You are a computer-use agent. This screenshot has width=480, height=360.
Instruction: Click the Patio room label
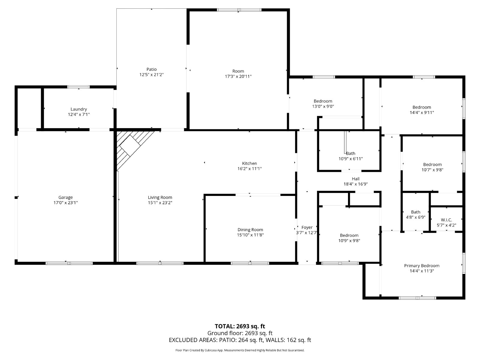click(x=151, y=69)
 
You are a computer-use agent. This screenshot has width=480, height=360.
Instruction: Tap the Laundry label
click(x=79, y=109)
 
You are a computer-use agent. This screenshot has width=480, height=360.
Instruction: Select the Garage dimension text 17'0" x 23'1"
click(x=66, y=202)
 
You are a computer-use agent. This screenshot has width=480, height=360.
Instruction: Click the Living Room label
click(x=160, y=197)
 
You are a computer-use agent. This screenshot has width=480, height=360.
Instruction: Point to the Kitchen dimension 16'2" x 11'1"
click(x=250, y=169)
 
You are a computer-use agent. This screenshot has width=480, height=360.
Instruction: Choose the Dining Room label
click(x=250, y=229)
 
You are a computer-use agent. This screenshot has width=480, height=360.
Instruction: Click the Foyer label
click(x=307, y=227)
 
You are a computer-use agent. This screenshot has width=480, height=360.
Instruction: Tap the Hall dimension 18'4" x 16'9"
click(x=355, y=184)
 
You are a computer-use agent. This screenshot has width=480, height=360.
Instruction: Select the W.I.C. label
click(x=446, y=220)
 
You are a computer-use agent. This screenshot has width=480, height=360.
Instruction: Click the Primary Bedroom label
click(x=422, y=265)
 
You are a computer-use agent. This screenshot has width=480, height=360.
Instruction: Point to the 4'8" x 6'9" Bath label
click(x=416, y=212)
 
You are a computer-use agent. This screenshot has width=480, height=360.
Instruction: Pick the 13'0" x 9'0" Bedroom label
click(x=323, y=101)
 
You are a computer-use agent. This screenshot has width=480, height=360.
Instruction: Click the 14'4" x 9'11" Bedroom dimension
click(x=422, y=112)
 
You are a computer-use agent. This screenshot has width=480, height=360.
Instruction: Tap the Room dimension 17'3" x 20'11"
click(x=238, y=76)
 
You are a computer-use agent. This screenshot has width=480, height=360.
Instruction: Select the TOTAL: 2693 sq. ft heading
click(x=240, y=326)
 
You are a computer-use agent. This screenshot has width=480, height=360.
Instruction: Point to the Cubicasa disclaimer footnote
click(x=240, y=350)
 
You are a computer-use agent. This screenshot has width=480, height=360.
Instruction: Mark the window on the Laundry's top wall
click(x=79, y=87)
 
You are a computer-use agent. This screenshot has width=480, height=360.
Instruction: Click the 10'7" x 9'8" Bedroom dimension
click(x=432, y=169)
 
